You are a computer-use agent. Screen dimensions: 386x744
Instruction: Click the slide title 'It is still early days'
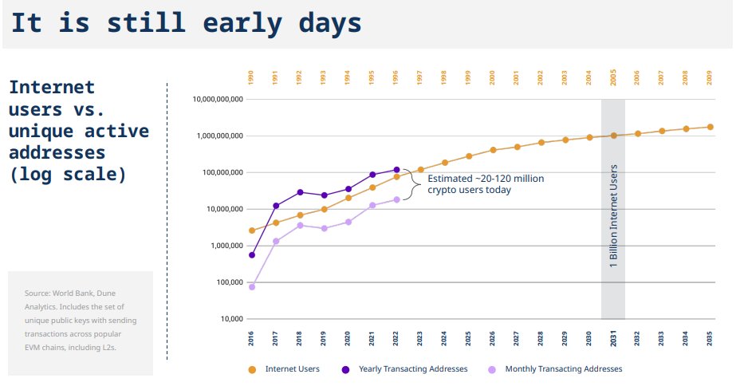click(185, 23)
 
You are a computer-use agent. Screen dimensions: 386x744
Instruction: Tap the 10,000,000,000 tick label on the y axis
click(217, 100)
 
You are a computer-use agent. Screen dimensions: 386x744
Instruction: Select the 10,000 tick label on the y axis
click(227, 319)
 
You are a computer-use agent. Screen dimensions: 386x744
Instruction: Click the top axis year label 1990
click(251, 77)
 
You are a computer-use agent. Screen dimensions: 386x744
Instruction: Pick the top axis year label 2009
click(710, 77)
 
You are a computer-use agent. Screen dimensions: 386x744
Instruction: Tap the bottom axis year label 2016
click(251, 338)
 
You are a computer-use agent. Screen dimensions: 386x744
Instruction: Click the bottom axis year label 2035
click(710, 338)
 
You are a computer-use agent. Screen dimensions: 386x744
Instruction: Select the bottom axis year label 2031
click(613, 338)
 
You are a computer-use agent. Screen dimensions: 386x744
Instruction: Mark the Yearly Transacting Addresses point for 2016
click(252, 255)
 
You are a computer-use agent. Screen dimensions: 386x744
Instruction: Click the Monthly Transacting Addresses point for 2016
click(252, 286)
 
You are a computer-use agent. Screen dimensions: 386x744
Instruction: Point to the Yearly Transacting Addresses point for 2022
click(396, 170)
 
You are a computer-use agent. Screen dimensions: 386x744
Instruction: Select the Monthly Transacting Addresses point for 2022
click(396, 199)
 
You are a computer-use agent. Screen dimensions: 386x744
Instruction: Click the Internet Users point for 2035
click(710, 127)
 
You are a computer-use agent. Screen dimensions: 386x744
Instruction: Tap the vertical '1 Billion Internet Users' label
click(613, 217)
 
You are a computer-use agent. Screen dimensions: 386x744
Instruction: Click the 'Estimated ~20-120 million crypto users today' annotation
click(485, 184)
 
